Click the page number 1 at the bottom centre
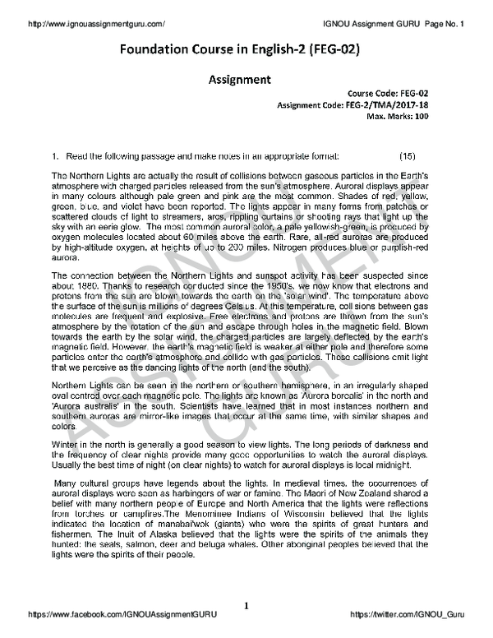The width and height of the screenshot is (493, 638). (x=246, y=606)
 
